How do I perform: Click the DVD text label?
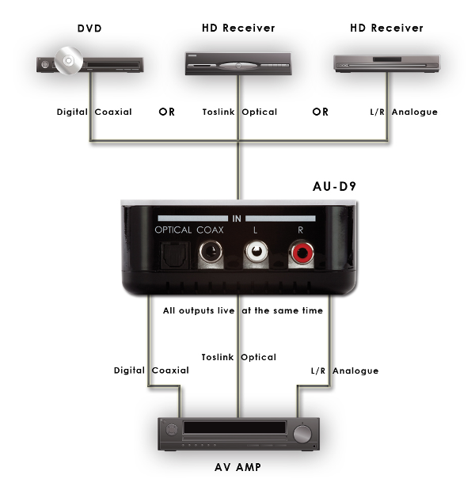(89, 28)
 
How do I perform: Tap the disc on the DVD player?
(68, 62)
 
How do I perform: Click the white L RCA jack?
(256, 253)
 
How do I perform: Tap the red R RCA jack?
(302, 253)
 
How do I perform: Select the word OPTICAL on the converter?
(173, 230)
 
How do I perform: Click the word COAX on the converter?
(211, 230)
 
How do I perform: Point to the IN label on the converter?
(237, 218)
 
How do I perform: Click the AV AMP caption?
(237, 467)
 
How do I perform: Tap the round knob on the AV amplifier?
(302, 433)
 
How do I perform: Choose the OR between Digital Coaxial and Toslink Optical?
(167, 112)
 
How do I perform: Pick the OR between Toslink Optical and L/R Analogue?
(320, 112)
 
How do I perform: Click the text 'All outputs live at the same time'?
(243, 311)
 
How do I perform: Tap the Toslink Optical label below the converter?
(238, 357)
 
